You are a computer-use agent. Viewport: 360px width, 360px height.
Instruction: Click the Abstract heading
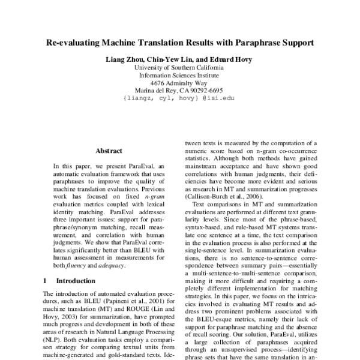click(x=109, y=151)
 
